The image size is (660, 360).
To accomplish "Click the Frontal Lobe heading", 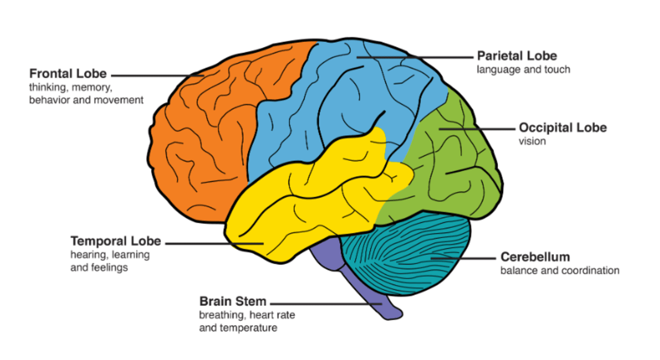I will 68,73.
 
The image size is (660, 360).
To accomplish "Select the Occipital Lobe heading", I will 563,127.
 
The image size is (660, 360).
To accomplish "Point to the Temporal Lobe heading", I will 115,241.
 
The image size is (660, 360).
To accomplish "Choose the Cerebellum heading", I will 535,257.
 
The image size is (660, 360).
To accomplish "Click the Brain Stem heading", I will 233,301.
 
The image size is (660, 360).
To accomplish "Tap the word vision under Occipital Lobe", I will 532,141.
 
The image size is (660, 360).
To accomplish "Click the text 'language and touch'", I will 523,69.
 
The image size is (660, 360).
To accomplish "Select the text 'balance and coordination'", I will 559,270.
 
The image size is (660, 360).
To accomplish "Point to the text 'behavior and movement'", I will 86,100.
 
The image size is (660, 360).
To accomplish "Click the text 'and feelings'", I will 99,268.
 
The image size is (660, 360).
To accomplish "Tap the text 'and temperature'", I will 238,328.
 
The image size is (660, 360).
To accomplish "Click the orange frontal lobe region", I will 201,134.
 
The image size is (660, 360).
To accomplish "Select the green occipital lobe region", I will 454,170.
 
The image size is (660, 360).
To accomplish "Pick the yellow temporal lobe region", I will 309,206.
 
